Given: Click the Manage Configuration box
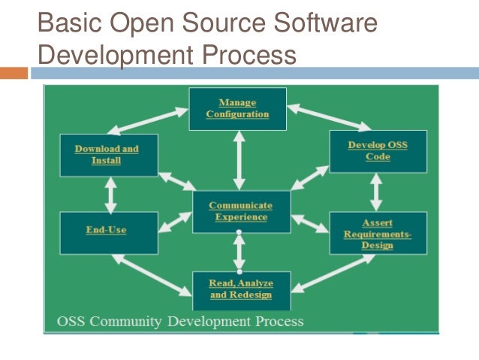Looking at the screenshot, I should point(237,107).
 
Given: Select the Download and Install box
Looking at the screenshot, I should point(109,155).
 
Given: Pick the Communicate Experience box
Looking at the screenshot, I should point(239,211).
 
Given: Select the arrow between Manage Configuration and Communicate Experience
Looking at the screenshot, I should point(239,159).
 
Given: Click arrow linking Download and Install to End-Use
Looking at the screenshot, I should point(111,195).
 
